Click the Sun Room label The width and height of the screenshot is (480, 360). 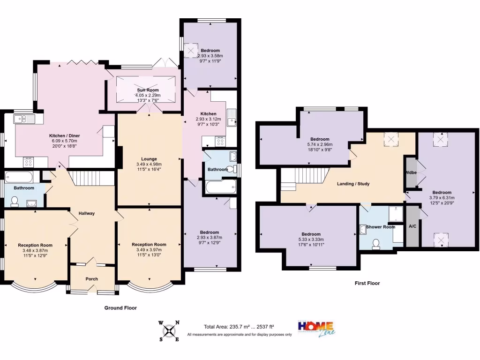148,90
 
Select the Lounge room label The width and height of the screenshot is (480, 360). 149,159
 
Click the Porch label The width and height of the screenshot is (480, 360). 92,279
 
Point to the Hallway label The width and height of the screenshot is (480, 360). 87,213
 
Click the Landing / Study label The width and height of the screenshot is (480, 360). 353,184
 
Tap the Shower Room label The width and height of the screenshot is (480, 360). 381,227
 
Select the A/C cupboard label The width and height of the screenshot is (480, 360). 412,226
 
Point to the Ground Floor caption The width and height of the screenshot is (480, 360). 120,308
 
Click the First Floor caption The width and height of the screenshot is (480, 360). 367,283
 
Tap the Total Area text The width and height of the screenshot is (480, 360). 239,327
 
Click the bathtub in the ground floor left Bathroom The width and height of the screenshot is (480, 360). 19,177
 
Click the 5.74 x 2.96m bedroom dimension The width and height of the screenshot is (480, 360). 320,144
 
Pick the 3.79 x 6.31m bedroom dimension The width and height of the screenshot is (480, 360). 442,198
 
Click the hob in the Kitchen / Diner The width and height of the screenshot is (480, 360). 29,162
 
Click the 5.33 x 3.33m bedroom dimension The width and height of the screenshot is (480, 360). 311,240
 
